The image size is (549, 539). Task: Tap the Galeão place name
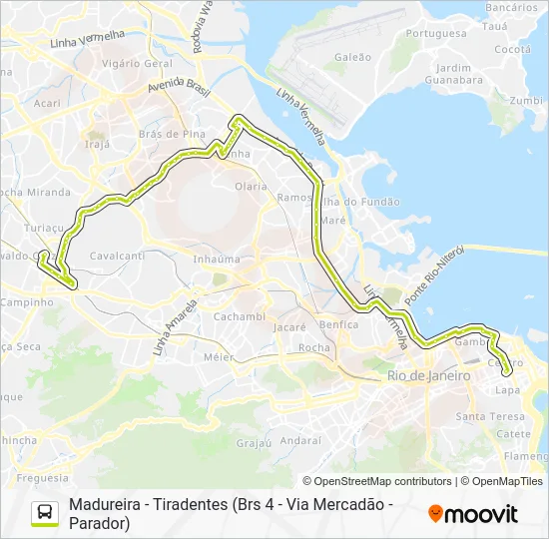352,58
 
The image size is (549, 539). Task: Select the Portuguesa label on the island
436,33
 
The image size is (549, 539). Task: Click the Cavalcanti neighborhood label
117,256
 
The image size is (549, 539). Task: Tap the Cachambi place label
239,316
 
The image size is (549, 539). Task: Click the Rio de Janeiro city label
428,376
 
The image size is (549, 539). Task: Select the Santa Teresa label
489,415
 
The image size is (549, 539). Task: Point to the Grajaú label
255,442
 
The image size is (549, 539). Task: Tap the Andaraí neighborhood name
300,439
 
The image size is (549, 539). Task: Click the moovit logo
473,514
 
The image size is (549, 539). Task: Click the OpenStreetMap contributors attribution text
377,481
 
